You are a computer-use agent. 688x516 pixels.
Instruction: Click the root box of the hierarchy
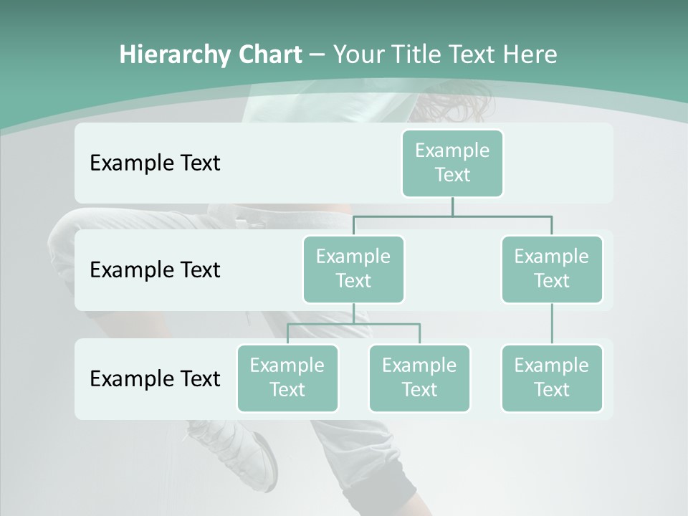pyautogui.click(x=452, y=163)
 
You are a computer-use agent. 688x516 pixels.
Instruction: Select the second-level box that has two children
pyautogui.click(x=353, y=269)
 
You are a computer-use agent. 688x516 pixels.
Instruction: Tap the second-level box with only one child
pyautogui.click(x=552, y=269)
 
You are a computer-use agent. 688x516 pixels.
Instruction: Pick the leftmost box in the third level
pyautogui.click(x=287, y=378)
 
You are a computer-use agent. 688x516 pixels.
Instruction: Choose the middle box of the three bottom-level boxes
pyautogui.click(x=419, y=378)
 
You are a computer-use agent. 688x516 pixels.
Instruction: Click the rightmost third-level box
pyautogui.click(x=552, y=378)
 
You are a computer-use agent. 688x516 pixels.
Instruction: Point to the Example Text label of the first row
pyautogui.click(x=155, y=163)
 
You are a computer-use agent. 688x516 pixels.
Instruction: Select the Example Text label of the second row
pyautogui.click(x=155, y=269)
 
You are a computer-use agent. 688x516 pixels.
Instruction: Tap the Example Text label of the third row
pyautogui.click(x=155, y=378)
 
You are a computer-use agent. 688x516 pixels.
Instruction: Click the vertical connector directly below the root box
pyautogui.click(x=452, y=206)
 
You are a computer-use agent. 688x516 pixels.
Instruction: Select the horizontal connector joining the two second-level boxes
pyautogui.click(x=452, y=215)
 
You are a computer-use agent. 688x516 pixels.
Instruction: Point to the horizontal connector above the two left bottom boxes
pyautogui.click(x=353, y=324)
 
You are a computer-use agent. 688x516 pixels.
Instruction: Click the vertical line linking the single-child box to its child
pyautogui.click(x=552, y=324)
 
